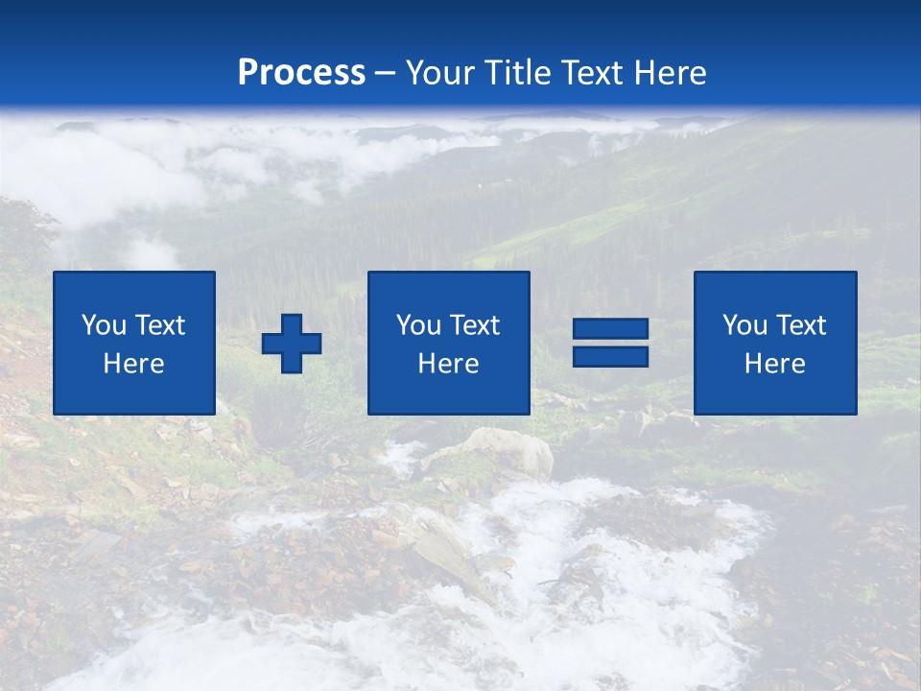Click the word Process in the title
pyautogui.click(x=301, y=73)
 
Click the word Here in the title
pyautogui.click(x=671, y=73)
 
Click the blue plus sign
pyautogui.click(x=292, y=344)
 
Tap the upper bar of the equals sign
pyautogui.click(x=610, y=329)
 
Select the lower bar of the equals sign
pyautogui.click(x=610, y=356)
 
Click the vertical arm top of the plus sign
pyautogui.click(x=292, y=323)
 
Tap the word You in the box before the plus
pyautogui.click(x=104, y=325)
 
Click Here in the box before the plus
pyautogui.click(x=133, y=364)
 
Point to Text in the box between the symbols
pyautogui.click(x=475, y=325)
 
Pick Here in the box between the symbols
pyautogui.click(x=448, y=364)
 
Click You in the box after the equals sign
pyautogui.click(x=744, y=325)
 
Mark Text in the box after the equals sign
pyautogui.click(x=801, y=325)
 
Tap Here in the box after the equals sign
pyautogui.click(x=774, y=364)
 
